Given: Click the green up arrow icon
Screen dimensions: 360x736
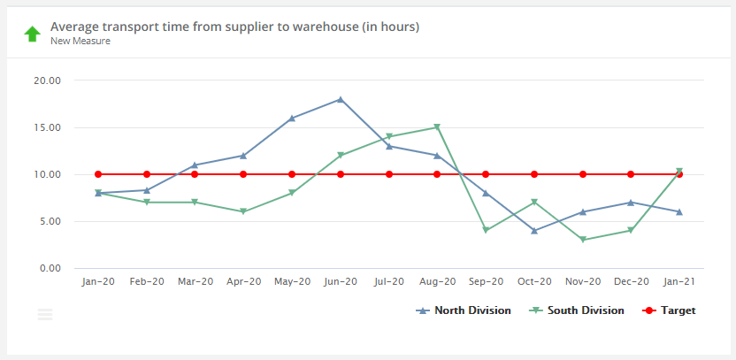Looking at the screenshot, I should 32,34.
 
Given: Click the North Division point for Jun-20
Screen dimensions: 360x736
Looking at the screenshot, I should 341,99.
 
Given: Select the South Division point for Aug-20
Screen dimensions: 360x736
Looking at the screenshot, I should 437,127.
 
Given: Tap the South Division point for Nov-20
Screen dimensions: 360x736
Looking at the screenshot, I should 582,240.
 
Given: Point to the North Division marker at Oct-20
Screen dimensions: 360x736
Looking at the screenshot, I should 534,230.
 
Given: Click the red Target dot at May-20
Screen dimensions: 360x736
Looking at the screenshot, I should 292,174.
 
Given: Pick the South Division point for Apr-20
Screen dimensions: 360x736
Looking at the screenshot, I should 243,211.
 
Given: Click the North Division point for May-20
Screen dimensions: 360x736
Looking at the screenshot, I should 292,118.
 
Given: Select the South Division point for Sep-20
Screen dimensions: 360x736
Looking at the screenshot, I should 486,230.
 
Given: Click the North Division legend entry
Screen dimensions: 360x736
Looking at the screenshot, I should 464,310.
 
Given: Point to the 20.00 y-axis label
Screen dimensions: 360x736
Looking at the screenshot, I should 46,80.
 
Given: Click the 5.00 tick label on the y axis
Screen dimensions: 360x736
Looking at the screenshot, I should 49,221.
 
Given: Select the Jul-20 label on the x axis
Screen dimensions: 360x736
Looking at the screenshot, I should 389,281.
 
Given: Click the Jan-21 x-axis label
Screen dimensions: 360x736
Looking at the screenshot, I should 679,281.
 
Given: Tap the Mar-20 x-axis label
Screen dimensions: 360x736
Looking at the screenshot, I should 195,281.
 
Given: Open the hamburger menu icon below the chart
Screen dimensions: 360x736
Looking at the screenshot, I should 45,314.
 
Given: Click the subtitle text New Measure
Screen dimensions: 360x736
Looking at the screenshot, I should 80,41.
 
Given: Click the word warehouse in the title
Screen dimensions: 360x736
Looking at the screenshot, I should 325,27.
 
